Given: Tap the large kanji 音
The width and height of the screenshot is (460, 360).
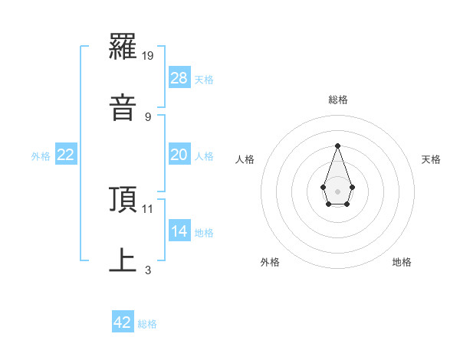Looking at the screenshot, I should click(x=123, y=108).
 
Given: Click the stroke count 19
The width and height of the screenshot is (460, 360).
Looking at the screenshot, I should click(x=149, y=56).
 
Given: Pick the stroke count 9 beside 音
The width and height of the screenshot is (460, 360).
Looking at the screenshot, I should click(x=148, y=116).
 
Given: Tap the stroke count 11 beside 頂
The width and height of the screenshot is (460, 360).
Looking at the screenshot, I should click(x=148, y=208).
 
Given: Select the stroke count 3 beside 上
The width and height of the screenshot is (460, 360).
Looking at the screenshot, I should click(x=148, y=270).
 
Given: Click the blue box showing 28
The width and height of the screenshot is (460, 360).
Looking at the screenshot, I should click(x=179, y=78).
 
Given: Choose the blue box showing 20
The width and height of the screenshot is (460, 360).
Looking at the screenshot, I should click(x=179, y=155).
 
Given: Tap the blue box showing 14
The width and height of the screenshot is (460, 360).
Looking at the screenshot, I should click(x=179, y=231).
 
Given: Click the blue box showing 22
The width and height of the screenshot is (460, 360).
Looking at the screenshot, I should click(x=66, y=155).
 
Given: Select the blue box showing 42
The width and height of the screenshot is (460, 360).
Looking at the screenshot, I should click(x=123, y=322).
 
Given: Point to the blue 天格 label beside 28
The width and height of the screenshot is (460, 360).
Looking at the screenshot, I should click(x=204, y=80).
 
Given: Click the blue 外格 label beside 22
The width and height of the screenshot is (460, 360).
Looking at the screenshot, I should click(x=41, y=156).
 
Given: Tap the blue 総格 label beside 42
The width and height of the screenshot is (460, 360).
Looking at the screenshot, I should click(x=147, y=324).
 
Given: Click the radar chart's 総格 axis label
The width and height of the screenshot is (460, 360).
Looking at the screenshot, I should click(x=337, y=100).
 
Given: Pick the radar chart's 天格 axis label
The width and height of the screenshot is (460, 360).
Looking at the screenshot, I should click(x=432, y=159).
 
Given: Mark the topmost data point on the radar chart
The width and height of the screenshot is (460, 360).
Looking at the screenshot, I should click(x=337, y=146).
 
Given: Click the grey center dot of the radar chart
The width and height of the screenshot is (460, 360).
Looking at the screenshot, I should click(x=337, y=191).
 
